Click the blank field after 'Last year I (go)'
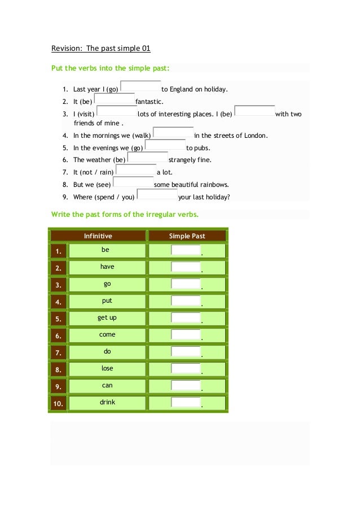click(141, 86)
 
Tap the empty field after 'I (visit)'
click(117, 111)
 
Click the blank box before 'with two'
click(254, 111)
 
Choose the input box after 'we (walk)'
click(173, 133)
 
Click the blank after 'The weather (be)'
click(148, 158)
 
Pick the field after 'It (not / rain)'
click(135, 169)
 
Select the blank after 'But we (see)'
click(133, 182)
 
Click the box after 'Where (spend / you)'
click(157, 194)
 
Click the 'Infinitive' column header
click(98, 236)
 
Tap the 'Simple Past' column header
click(187, 236)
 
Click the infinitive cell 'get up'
click(107, 318)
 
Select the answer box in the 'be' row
click(186, 250)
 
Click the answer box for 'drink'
click(186, 403)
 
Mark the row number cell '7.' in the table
click(58, 353)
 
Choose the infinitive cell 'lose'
click(107, 369)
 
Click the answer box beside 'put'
click(186, 301)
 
